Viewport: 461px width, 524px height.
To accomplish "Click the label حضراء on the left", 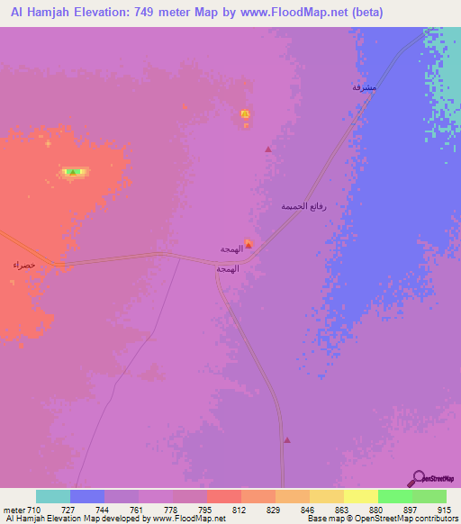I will [x=23, y=265].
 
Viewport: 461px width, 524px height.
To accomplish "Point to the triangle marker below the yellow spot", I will [x=267, y=149].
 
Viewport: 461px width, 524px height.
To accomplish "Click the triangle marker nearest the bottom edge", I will [x=287, y=440].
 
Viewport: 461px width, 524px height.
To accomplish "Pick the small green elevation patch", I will [x=75, y=171].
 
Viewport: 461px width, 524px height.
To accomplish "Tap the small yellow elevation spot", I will [x=245, y=113].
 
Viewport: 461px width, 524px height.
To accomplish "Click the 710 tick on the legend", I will [x=35, y=509].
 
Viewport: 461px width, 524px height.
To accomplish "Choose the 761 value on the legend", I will [x=138, y=509].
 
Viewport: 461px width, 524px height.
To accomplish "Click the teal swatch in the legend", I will [x=53, y=496].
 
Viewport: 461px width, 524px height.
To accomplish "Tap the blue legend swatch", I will [x=87, y=496].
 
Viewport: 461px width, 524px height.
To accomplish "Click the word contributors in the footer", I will [x=436, y=519].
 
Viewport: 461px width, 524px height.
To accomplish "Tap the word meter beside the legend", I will [x=14, y=509].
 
